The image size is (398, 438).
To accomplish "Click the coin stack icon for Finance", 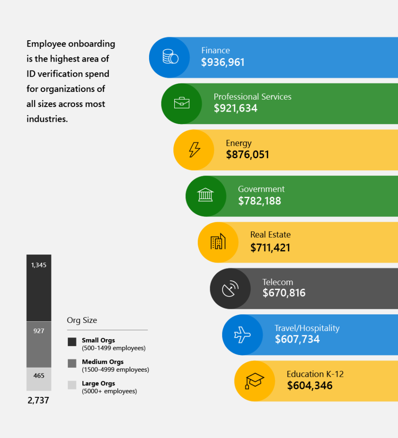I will pyautogui.click(x=170, y=57).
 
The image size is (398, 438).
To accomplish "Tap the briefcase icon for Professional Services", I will pyautogui.click(x=181, y=103).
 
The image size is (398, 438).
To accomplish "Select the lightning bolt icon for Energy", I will pyautogui.click(x=194, y=150).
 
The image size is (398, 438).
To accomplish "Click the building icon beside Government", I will pyautogui.click(x=205, y=196).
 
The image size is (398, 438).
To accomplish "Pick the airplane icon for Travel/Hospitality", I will pyautogui.click(x=242, y=335).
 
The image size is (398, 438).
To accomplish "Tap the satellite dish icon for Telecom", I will pyautogui.click(x=230, y=289).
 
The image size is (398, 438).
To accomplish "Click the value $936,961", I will pyautogui.click(x=222, y=62).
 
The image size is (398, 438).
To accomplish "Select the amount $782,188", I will pyautogui.click(x=259, y=201).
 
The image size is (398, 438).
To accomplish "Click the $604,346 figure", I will pyautogui.click(x=309, y=386).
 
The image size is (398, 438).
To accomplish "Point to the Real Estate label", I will pyautogui.click(x=270, y=235).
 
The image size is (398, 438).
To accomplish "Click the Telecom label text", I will pyautogui.click(x=278, y=282).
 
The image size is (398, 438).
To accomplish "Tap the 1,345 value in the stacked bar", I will pyautogui.click(x=38, y=265).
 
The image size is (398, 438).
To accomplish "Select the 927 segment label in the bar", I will pyautogui.click(x=38, y=331).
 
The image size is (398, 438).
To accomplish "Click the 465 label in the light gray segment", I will pyautogui.click(x=38, y=376).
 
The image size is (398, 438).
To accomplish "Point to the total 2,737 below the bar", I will pyautogui.click(x=38, y=401).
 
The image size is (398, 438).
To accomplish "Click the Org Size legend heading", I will pyautogui.click(x=82, y=320).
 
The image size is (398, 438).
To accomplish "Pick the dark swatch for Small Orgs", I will pyautogui.click(x=72, y=342).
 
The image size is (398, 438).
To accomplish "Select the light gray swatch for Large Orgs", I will pyautogui.click(x=72, y=385).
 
